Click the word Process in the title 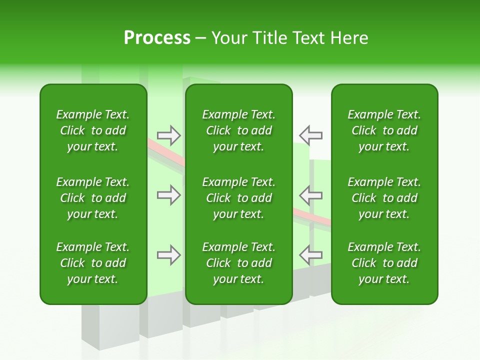point(157,38)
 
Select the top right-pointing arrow point(169,135)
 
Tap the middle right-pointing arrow point(169,195)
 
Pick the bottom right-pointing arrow point(169,255)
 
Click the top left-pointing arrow point(310,135)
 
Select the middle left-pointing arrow point(310,195)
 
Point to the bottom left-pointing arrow point(310,255)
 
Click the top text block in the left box point(93,130)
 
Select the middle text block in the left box point(93,198)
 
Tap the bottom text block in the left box point(93,263)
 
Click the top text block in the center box point(238,130)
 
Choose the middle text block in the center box point(238,198)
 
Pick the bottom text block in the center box point(238,263)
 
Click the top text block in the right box point(384,130)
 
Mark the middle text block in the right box point(384,198)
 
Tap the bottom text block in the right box point(384,263)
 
